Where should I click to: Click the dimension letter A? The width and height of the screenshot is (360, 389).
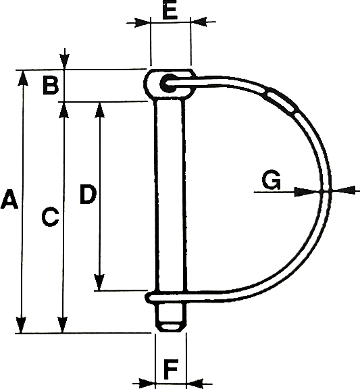(9, 199)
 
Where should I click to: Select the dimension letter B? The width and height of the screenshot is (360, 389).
(51, 86)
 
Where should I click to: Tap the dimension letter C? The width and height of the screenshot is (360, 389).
(50, 217)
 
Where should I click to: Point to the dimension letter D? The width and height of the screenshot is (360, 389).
(88, 194)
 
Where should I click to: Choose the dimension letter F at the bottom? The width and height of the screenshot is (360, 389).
(171, 369)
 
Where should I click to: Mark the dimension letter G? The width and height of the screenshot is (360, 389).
(272, 180)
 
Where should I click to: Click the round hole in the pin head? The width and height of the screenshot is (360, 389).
(166, 83)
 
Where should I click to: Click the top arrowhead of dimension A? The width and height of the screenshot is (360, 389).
(22, 78)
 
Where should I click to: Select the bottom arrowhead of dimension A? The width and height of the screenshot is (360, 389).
(22, 325)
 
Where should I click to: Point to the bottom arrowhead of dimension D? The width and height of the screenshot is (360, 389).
(99, 282)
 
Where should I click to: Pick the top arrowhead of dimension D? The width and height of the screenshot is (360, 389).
(100, 109)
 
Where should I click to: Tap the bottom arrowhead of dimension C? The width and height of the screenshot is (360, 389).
(63, 325)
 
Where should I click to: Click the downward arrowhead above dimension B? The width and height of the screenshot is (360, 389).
(65, 61)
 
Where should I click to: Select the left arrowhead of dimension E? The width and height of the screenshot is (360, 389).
(143, 22)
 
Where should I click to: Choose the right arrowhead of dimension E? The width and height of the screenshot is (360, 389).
(199, 22)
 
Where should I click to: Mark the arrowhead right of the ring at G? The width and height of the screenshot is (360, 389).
(343, 190)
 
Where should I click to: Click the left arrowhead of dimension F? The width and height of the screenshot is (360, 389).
(147, 383)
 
